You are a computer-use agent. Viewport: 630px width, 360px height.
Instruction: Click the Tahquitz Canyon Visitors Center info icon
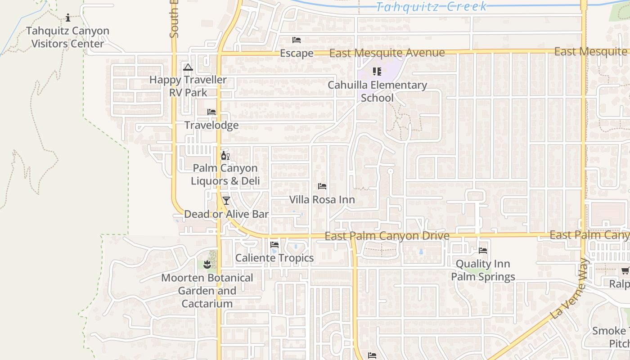(68, 18)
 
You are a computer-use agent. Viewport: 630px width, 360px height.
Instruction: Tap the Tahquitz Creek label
(431, 6)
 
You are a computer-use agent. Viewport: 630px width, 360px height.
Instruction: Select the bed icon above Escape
(297, 40)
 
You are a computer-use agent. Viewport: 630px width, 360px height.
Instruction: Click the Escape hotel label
(297, 53)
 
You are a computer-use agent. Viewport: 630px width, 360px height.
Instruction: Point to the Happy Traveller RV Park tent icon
(188, 67)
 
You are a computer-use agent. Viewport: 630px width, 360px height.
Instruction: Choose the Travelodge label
(211, 125)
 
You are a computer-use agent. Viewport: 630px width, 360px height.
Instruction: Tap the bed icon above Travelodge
(211, 112)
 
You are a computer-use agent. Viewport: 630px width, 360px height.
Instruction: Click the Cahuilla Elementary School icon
(377, 72)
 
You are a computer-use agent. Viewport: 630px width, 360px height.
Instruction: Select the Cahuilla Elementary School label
(377, 91)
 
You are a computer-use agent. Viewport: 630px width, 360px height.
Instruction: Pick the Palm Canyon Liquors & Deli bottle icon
(225, 156)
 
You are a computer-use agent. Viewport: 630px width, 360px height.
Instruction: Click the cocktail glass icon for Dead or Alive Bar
(226, 201)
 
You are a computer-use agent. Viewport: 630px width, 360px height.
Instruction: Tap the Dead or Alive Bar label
(226, 214)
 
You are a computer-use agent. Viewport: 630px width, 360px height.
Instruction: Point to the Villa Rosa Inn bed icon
(322, 186)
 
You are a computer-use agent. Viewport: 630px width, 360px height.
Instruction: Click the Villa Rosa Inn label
(322, 199)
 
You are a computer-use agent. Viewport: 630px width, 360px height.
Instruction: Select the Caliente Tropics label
(274, 258)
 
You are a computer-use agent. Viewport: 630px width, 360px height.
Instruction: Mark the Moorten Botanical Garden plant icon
(207, 265)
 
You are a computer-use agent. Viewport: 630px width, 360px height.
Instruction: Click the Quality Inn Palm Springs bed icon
(483, 251)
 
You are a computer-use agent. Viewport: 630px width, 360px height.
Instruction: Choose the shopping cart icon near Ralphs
(625, 270)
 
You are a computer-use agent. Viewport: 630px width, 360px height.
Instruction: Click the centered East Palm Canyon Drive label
(387, 236)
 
